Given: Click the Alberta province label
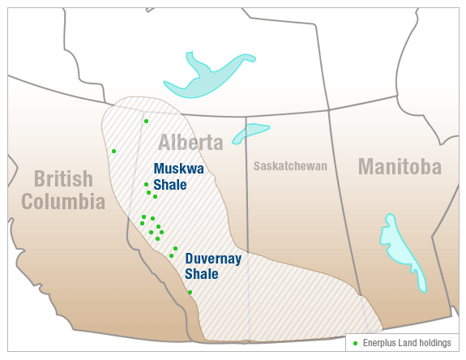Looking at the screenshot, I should (x=190, y=144).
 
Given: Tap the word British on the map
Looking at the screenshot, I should (x=63, y=178).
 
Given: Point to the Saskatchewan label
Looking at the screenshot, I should (x=290, y=166).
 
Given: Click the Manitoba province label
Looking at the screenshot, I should (x=400, y=167).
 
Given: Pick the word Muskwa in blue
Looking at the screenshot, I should (x=178, y=169).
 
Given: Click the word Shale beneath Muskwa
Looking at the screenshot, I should (x=170, y=185).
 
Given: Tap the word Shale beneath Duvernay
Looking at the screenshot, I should (x=202, y=274).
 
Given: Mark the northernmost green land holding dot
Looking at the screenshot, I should (x=146, y=121).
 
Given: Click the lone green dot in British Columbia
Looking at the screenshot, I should (x=113, y=151).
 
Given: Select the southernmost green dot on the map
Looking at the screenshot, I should (x=190, y=292).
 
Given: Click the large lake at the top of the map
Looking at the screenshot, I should (x=207, y=77).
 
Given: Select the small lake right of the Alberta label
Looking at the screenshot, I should (x=250, y=132).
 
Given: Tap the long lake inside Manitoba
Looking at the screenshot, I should (x=401, y=247).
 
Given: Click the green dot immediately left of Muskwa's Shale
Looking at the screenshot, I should (x=146, y=184).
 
